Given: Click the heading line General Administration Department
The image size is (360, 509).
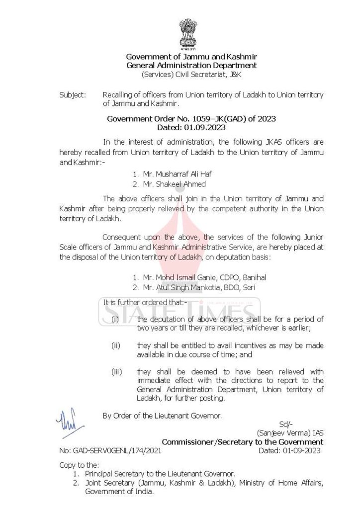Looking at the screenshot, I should pyautogui.click(x=191, y=65).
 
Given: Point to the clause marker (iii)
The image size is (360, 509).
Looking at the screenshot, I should pyautogui.click(x=116, y=372).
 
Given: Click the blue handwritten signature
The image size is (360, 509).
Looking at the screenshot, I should pyautogui.click(x=67, y=422).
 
